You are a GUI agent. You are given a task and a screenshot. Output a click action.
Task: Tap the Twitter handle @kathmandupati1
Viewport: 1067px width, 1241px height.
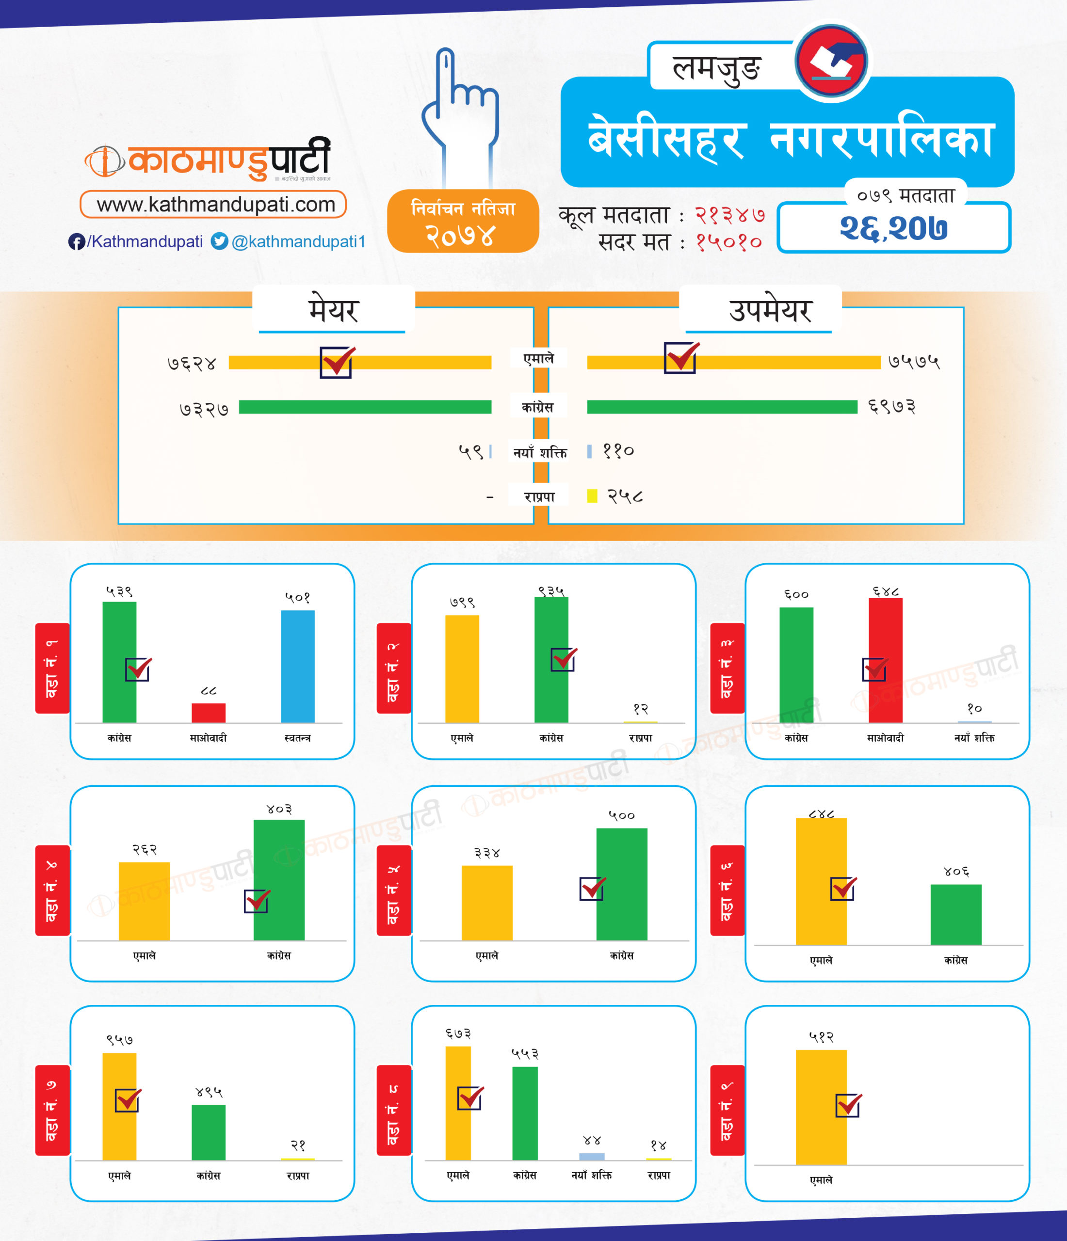click(298, 241)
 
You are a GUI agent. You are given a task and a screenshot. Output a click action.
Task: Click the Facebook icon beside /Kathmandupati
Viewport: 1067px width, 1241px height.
click(76, 241)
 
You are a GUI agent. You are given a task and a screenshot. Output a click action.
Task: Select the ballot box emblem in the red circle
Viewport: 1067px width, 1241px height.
click(832, 61)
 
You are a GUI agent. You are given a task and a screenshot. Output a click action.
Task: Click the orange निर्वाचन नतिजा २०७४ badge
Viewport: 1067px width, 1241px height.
click(463, 221)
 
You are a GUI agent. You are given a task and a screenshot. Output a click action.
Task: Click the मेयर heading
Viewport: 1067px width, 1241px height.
click(333, 310)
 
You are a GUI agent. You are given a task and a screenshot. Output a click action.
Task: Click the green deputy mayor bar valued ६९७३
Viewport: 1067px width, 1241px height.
click(722, 407)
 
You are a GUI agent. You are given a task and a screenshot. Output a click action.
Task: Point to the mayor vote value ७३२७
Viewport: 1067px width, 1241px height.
click(204, 409)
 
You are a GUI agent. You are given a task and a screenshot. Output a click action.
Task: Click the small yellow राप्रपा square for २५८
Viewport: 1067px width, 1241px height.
click(592, 496)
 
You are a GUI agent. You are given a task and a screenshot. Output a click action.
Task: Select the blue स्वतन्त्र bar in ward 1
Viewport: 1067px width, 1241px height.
click(298, 666)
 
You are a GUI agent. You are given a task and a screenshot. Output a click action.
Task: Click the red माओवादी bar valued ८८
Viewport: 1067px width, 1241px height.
click(209, 713)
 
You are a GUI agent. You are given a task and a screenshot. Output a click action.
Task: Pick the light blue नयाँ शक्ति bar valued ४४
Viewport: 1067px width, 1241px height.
click(592, 1157)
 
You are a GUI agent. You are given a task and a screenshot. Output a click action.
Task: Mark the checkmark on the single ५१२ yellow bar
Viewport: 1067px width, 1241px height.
click(848, 1105)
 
